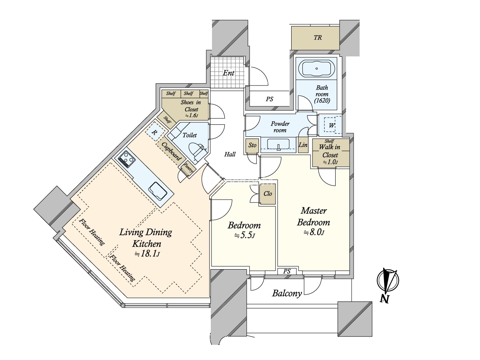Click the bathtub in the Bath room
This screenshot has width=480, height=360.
click(316, 68)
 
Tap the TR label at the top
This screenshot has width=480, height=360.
click(318, 38)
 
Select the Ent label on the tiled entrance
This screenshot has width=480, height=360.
click(228, 73)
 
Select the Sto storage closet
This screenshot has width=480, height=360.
click(252, 145)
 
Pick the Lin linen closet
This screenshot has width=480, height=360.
click(303, 144)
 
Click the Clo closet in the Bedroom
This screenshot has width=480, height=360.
click(267, 194)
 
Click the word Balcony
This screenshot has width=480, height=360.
click(287, 293)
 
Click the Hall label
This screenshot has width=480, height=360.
click(230, 154)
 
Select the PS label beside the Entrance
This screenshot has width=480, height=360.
click(270, 99)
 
